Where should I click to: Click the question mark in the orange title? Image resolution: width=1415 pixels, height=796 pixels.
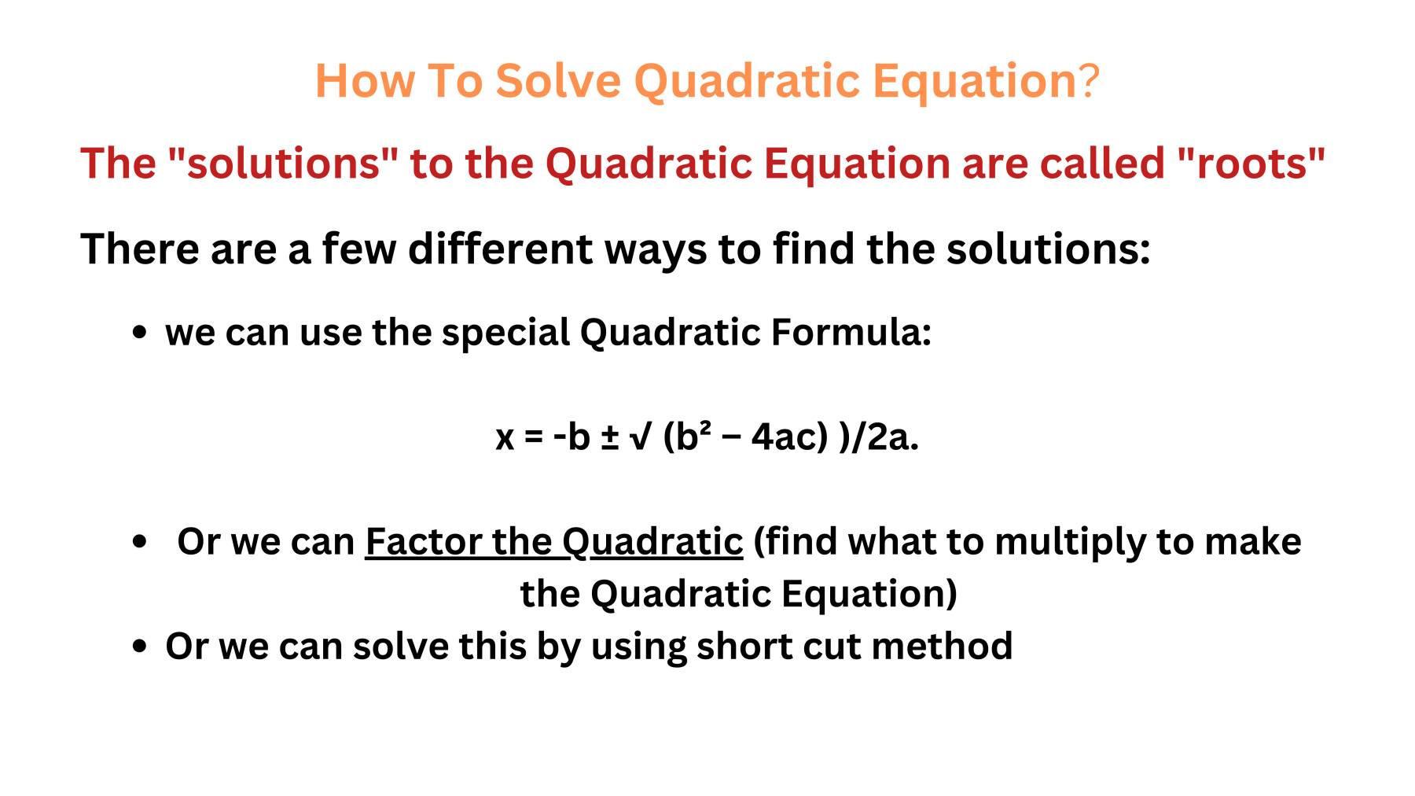click(1089, 80)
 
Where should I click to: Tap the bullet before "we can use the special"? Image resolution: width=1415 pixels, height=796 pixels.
click(140, 332)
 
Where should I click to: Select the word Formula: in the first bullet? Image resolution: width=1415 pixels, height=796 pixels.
click(851, 331)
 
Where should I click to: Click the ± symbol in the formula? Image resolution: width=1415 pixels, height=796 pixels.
click(609, 437)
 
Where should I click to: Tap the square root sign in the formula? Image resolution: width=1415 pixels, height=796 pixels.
click(641, 437)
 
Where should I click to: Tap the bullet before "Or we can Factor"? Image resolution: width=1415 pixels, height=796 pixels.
click(140, 541)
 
